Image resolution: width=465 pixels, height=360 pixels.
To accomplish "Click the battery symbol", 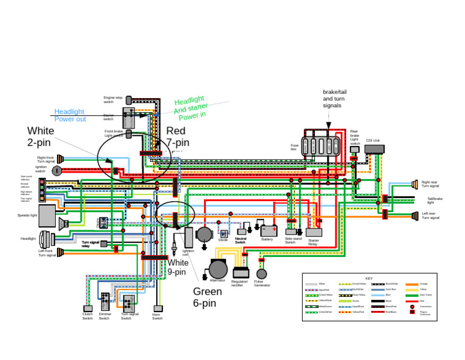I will coord(269,230).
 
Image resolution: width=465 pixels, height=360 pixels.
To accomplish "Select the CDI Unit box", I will coord(374,148).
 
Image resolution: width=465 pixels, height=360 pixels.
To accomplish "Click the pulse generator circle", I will coord(262,274).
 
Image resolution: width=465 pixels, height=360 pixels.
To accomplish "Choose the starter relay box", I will coord(314,232).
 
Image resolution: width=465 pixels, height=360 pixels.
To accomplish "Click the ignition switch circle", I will coord(56,171).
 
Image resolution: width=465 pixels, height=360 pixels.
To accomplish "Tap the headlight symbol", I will coord(46,239).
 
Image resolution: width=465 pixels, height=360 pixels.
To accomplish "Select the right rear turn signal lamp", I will coord(415,184).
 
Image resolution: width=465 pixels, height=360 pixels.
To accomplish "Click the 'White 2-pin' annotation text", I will coord(41,136).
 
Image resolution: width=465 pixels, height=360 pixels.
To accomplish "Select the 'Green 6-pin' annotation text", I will coord(207,297).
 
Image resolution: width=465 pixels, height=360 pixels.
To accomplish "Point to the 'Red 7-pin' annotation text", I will coord(177,137).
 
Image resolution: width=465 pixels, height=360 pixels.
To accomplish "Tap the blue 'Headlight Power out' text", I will coord(70,115).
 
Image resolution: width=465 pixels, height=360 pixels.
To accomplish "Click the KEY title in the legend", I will coord(369,278).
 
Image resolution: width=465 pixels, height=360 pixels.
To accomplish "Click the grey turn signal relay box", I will coord(104,244).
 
